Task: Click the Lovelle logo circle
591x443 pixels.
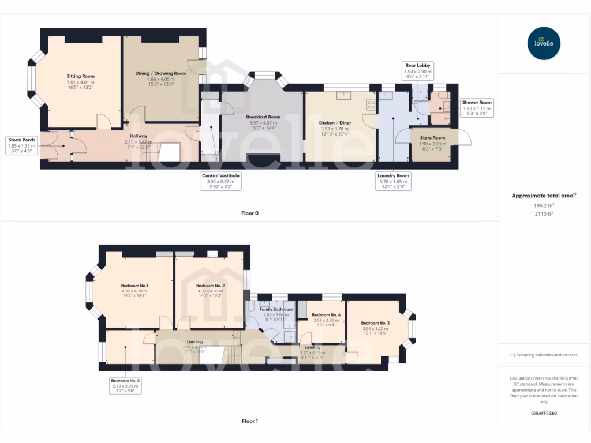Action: click(544, 43)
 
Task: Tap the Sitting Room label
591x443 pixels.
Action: click(80, 76)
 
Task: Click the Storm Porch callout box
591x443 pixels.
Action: click(22, 146)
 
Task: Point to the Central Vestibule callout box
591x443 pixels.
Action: click(220, 181)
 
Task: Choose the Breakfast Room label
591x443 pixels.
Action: click(263, 117)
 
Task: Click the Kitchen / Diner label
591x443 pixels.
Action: click(335, 123)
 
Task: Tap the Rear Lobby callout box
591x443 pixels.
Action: click(416, 71)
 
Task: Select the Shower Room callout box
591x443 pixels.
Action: click(476, 108)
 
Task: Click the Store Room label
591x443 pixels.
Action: click(432, 138)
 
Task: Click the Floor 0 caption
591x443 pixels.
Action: click(249, 213)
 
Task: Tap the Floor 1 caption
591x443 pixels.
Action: click(249, 421)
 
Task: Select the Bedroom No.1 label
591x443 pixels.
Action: click(134, 286)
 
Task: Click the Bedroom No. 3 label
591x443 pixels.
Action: click(375, 323)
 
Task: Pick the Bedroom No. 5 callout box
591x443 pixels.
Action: click(126, 385)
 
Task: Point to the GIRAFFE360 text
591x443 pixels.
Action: click(544, 414)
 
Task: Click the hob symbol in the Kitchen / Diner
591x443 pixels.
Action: click(371, 105)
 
